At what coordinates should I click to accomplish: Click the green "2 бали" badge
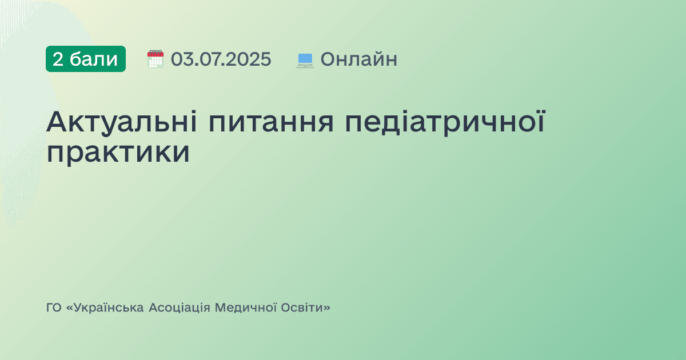[86, 59]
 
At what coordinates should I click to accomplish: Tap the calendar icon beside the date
[155, 59]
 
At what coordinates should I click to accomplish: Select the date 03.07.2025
[221, 59]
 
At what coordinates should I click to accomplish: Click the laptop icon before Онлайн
[305, 59]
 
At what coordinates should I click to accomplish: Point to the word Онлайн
[358, 59]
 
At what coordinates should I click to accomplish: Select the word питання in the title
[272, 122]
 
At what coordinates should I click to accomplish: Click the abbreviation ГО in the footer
[54, 308]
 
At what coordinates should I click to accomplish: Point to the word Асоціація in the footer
[179, 308]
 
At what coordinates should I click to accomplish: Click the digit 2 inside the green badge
[58, 59]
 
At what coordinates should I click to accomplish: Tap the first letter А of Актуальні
[58, 122]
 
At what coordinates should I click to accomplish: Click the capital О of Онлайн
[328, 59]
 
